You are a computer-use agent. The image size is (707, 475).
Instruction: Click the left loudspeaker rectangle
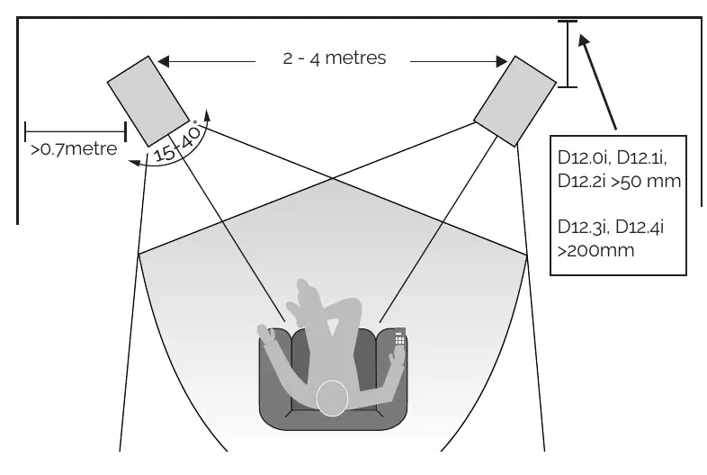point(148,102)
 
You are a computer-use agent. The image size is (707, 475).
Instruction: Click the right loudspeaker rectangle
point(515,102)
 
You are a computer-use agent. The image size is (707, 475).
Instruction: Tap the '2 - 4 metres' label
point(335,58)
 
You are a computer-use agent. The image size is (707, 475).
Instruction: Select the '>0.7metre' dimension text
point(74,148)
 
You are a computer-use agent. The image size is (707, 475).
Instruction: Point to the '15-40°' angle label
point(176,142)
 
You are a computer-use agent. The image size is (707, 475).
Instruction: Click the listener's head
point(332,399)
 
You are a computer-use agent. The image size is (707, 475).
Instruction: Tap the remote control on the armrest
point(399,338)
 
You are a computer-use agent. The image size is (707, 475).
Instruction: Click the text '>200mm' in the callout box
point(595,250)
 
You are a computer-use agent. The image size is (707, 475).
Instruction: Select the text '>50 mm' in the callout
point(646,182)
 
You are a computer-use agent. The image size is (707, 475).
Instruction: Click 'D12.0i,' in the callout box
point(585,157)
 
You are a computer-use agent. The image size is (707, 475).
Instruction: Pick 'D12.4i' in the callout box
point(640,227)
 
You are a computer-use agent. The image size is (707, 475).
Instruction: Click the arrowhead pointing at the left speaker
point(163,61)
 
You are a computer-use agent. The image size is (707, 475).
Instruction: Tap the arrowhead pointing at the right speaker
point(502,61)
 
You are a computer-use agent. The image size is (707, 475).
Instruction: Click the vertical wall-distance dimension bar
point(568,54)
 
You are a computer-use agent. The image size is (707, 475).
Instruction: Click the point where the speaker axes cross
point(332,179)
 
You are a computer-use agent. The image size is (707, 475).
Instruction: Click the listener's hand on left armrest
point(266,334)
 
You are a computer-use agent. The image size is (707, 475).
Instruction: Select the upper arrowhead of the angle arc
point(207,115)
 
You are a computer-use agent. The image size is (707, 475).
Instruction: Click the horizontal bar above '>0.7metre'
point(76,131)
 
